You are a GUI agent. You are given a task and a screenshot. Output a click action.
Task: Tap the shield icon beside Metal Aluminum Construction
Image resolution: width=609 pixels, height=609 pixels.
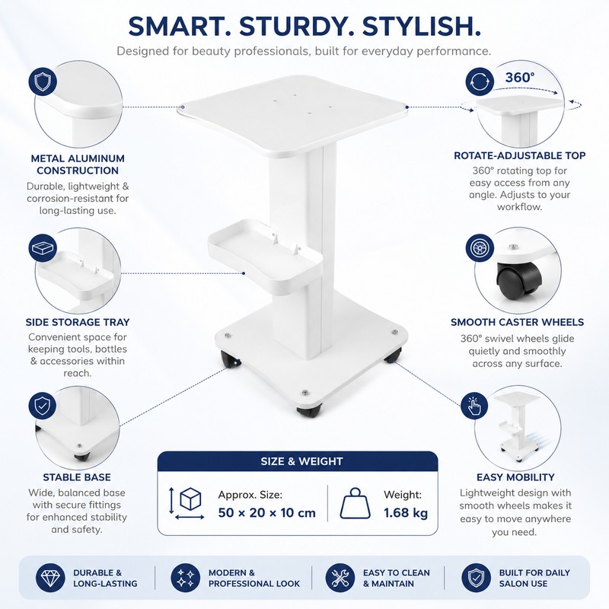pyautogui.click(x=43, y=82)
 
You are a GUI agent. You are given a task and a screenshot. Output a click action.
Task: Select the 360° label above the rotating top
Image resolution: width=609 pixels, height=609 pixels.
pyautogui.click(x=520, y=78)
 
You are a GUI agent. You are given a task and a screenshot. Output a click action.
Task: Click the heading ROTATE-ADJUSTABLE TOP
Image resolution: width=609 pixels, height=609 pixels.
pyautogui.click(x=520, y=155)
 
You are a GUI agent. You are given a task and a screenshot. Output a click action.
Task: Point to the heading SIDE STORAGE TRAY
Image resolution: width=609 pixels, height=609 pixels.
pyautogui.click(x=78, y=322)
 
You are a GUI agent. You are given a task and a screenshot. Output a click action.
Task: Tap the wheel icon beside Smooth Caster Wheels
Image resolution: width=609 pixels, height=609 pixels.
pyautogui.click(x=480, y=248)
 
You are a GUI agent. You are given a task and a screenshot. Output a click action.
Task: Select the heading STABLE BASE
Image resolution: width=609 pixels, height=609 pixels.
pyautogui.click(x=77, y=477)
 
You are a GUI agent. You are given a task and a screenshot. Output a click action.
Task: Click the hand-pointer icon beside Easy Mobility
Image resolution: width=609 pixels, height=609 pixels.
pyautogui.click(x=474, y=406)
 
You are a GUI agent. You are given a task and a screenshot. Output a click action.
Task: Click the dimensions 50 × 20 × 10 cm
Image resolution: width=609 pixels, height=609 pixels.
pyautogui.click(x=267, y=512)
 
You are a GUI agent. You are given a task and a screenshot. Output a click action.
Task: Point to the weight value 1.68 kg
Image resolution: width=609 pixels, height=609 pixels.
pyautogui.click(x=406, y=512)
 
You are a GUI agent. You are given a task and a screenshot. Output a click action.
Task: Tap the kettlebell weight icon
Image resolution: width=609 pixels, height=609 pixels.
pyautogui.click(x=355, y=503)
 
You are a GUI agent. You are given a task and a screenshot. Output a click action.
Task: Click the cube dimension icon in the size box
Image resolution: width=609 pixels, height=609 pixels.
pyautogui.click(x=190, y=499)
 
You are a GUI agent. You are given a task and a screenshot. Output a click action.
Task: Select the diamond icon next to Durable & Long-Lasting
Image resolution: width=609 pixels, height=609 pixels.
pyautogui.click(x=50, y=578)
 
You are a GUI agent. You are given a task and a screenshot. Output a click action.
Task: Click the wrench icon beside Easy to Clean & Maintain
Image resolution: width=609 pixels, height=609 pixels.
pyautogui.click(x=340, y=578)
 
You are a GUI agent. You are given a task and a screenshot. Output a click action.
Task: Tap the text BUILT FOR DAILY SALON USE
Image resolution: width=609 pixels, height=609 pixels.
pyautogui.click(x=534, y=578)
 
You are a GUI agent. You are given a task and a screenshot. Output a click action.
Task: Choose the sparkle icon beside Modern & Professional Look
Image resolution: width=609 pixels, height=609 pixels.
pyautogui.click(x=185, y=578)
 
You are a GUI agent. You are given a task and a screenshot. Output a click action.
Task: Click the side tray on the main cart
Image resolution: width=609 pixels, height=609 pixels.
pyautogui.click(x=264, y=257)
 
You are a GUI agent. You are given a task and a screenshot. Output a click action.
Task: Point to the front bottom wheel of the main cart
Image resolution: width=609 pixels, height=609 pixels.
pyautogui.click(x=309, y=410)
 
